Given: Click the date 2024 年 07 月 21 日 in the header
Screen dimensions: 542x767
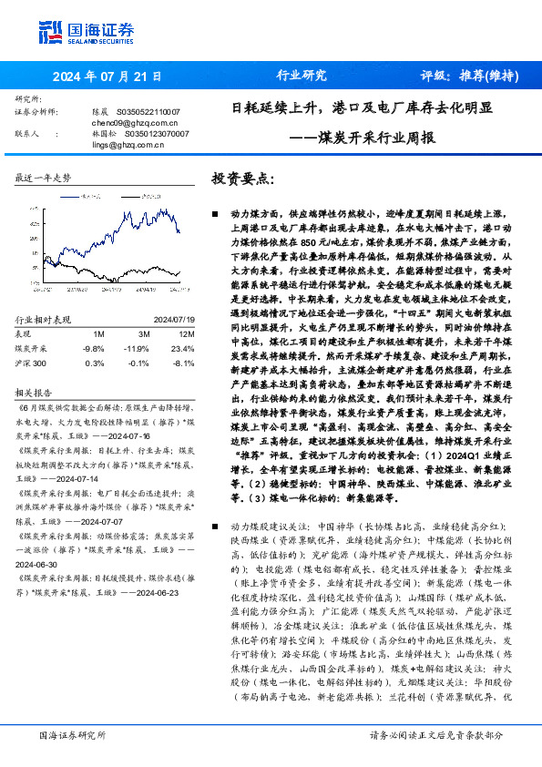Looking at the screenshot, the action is [107, 77].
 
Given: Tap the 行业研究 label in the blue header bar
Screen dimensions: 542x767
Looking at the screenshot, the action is [301, 77].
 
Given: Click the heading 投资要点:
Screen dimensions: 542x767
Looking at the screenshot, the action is [242, 179].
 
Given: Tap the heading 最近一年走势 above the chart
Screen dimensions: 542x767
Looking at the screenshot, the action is [43, 178].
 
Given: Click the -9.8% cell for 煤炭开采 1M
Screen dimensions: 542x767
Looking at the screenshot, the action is [93, 348].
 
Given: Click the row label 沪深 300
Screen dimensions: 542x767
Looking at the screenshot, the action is [33, 362].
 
